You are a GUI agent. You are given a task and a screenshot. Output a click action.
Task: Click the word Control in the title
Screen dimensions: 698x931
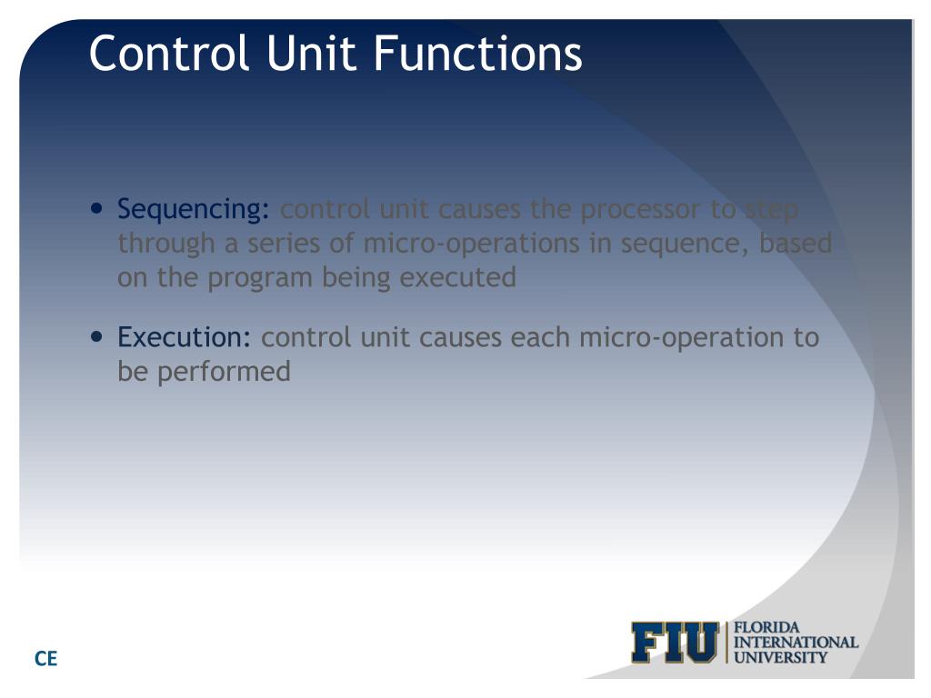point(168,54)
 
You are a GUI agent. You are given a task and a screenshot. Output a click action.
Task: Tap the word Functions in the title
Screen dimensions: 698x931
point(477,54)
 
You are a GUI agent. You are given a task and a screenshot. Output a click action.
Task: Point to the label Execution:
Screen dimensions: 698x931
point(185,338)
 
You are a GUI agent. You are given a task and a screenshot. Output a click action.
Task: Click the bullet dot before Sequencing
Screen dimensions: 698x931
point(98,208)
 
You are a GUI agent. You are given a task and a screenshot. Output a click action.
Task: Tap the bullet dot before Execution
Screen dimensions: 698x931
point(98,335)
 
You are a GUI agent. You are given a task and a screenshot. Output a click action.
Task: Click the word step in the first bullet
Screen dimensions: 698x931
point(771,211)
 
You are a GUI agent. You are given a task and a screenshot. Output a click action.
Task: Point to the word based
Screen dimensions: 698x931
point(796,244)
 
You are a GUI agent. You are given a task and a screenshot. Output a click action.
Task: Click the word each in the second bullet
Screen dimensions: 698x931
point(541,338)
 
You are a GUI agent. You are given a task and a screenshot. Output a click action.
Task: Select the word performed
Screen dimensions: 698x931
point(224,372)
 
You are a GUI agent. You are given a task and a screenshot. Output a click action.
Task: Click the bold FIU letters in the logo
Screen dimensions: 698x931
point(674,643)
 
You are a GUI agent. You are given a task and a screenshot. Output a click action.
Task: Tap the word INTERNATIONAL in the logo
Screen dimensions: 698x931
point(796,642)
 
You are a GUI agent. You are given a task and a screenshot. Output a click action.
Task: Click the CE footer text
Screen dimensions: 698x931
point(45,659)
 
